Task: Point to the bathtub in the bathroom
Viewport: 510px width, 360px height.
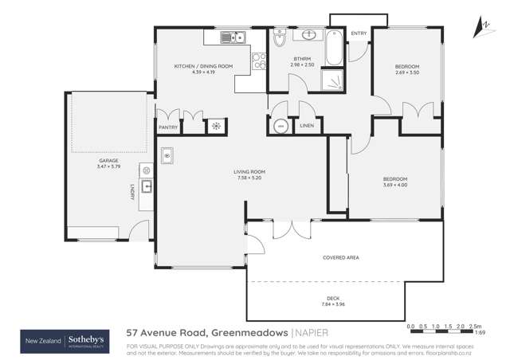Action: [337, 48]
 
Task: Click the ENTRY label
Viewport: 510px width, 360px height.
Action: [359, 33]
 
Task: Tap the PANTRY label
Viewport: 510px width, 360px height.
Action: [167, 127]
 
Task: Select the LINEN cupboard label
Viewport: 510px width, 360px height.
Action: [307, 126]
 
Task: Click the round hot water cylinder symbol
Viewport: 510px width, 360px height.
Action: [280, 126]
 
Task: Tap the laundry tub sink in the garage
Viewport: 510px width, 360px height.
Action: [147, 187]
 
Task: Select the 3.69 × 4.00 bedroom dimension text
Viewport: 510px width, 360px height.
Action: [394, 184]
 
